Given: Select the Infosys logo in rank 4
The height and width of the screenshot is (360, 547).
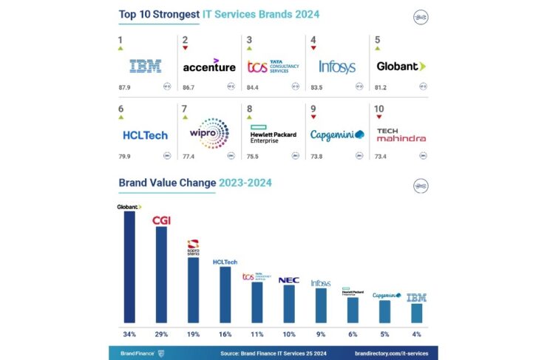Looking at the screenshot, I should point(337,67).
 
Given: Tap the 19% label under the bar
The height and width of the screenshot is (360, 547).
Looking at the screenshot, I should point(193,333).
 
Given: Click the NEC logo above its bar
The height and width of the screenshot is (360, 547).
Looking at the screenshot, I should point(288,280).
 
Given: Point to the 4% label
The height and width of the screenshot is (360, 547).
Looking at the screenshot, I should point(416,333).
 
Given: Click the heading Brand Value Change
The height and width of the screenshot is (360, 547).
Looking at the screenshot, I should point(167,182).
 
